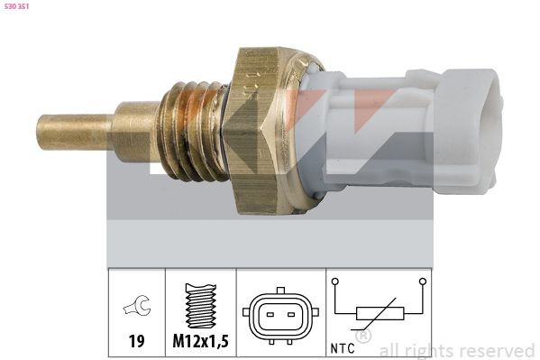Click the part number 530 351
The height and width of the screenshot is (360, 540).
click(x=19, y=7)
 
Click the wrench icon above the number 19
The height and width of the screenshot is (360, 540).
click(x=137, y=309)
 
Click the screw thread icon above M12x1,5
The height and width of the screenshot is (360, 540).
click(x=200, y=309)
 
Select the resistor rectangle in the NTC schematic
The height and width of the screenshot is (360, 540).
click(x=379, y=314)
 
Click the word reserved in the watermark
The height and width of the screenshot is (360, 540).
click(x=496, y=350)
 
